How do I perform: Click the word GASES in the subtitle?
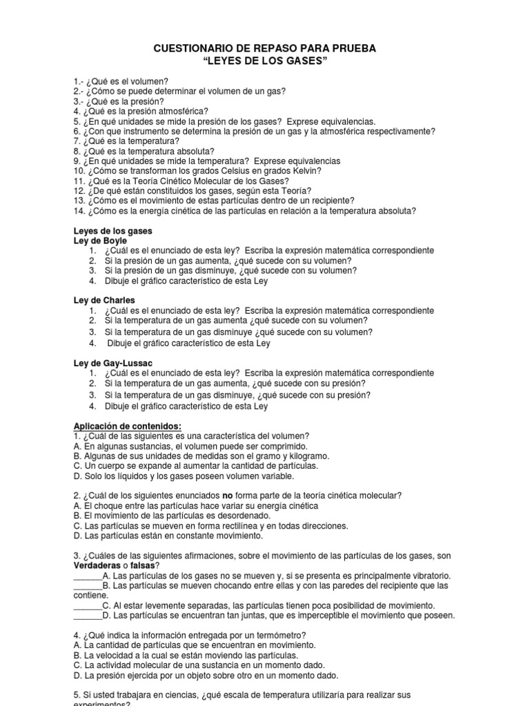click(304, 62)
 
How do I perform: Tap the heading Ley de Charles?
click(104, 301)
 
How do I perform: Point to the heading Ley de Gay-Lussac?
click(112, 363)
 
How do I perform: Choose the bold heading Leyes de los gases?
click(112, 230)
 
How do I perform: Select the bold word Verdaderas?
click(98, 565)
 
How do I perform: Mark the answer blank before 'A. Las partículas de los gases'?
click(87, 576)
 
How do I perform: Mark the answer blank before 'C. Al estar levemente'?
click(87, 605)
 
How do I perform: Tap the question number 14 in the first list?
click(78, 210)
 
